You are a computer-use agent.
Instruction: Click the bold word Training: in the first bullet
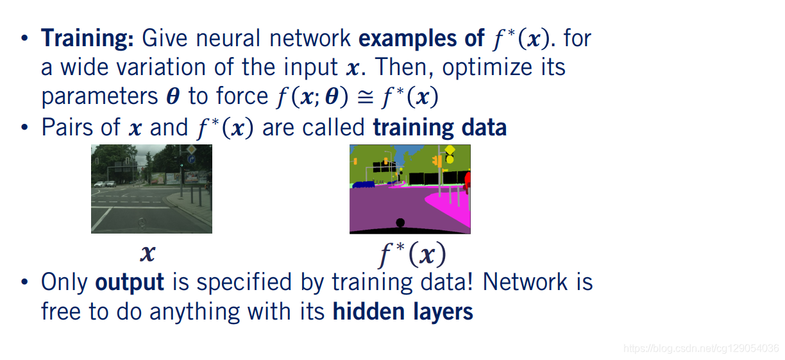(87, 39)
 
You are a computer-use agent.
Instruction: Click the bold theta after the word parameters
(173, 96)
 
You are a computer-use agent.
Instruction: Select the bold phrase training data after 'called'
(439, 128)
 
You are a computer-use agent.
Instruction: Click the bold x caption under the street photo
(148, 254)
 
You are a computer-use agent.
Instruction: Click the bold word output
(130, 282)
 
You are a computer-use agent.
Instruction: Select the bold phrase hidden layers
(402, 312)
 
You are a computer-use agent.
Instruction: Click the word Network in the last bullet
(521, 282)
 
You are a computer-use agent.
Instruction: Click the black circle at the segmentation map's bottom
(400, 223)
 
